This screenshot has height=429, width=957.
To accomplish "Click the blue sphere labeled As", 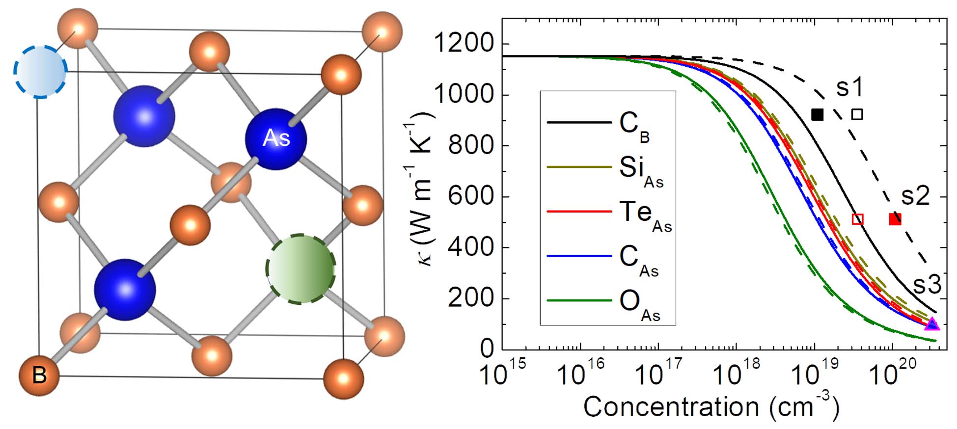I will point(276,139).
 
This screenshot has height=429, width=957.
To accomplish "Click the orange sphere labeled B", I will point(39,375).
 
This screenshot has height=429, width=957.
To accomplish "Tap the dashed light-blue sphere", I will point(40,72).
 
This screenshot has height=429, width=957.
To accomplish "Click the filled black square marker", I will point(817,114).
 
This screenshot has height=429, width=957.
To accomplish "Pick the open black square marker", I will point(857,114).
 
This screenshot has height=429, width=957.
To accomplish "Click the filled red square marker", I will point(895,219).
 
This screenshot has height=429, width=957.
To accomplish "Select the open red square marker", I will point(857,219).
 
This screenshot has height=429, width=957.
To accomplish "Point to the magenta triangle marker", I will point(931,324).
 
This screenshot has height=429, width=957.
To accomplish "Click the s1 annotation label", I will point(850,88).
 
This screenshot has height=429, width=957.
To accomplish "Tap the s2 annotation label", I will point(915,196).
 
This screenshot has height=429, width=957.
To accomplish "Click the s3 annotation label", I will point(927,285).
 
